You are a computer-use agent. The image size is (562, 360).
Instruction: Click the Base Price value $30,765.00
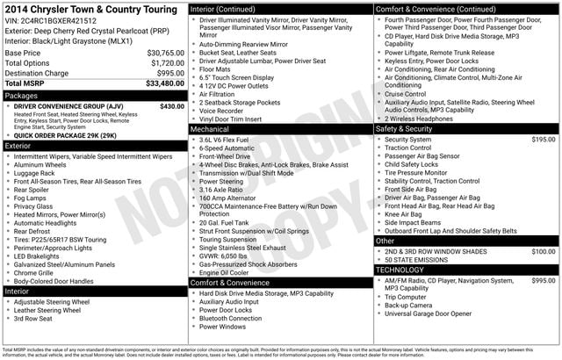tap(160, 53)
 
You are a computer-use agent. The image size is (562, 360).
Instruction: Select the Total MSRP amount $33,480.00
tap(157, 84)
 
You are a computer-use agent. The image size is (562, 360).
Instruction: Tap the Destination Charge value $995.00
tap(164, 73)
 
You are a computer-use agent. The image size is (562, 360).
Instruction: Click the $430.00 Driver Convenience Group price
tap(172, 106)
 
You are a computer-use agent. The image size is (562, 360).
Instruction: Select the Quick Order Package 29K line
tap(66, 136)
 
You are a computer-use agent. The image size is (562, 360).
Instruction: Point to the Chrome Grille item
tap(40, 272)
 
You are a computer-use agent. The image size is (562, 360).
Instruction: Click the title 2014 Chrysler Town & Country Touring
tap(88, 9)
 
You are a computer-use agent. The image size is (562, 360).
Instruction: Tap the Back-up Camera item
tap(417, 305)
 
